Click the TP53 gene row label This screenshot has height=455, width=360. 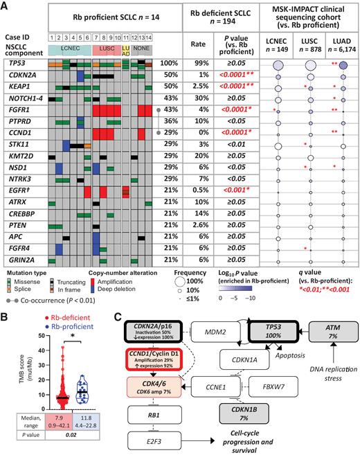(x=17, y=63)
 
